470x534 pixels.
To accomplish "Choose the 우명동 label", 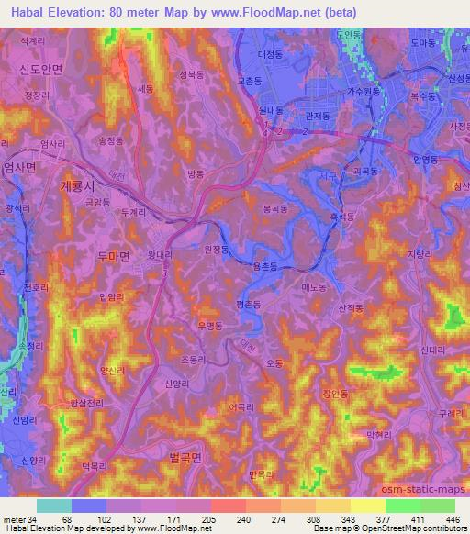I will click(211, 325).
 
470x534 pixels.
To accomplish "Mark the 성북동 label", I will click(191, 75).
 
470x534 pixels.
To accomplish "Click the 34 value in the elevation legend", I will click(36, 520).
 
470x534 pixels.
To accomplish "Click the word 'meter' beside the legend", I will click(16, 520).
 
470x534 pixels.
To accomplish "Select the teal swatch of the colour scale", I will click(53, 506).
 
